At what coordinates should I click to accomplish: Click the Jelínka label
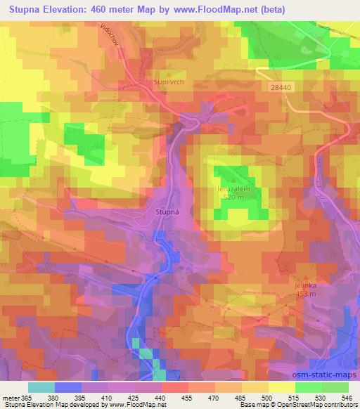coord(304,287)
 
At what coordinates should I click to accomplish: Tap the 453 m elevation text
coord(304,294)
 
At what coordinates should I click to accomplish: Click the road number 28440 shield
coord(279,88)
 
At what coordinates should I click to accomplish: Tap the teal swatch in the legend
coord(41,387)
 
